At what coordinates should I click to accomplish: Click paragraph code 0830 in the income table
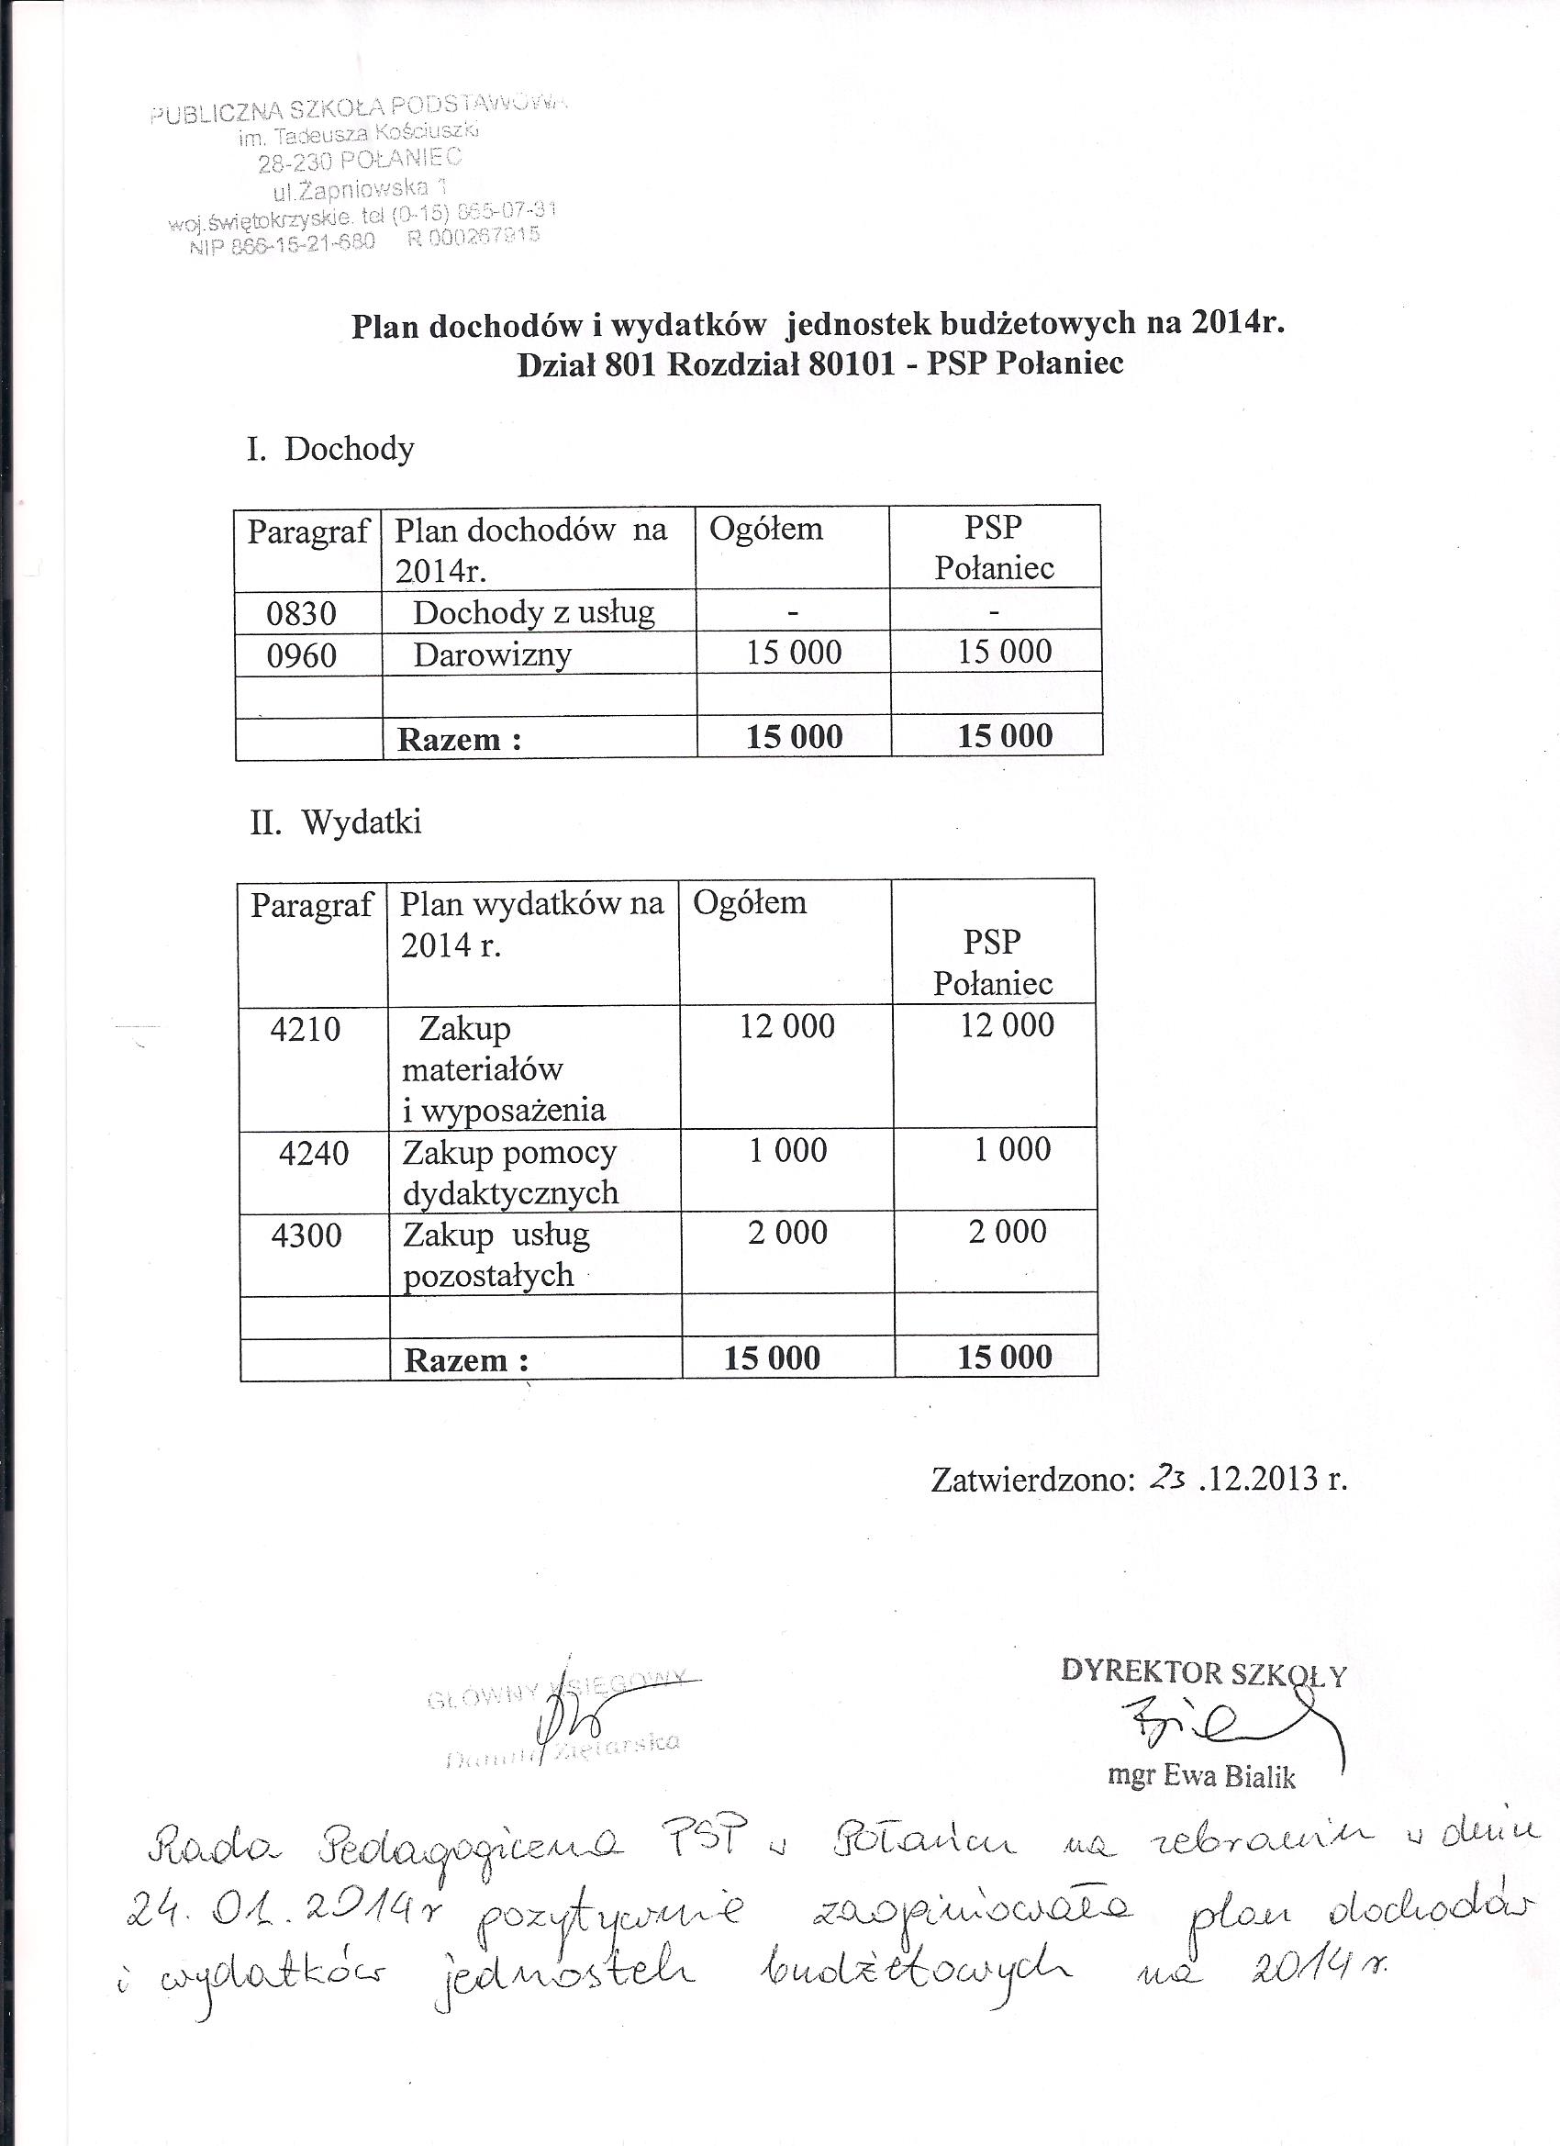pyautogui.click(x=301, y=613)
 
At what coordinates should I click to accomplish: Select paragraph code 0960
pyautogui.click(x=301, y=654)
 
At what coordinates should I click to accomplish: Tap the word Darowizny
pyautogui.click(x=492, y=654)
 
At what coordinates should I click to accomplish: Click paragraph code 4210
pyautogui.click(x=305, y=1030)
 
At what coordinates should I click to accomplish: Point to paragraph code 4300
pyautogui.click(x=306, y=1235)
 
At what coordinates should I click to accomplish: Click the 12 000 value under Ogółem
pyautogui.click(x=787, y=1025)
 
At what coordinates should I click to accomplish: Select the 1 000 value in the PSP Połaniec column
pyautogui.click(x=1012, y=1149)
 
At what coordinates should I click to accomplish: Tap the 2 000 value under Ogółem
pyautogui.click(x=787, y=1232)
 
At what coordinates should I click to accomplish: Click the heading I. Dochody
pyautogui.click(x=330, y=449)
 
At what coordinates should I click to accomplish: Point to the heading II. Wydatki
pyautogui.click(x=336, y=822)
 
